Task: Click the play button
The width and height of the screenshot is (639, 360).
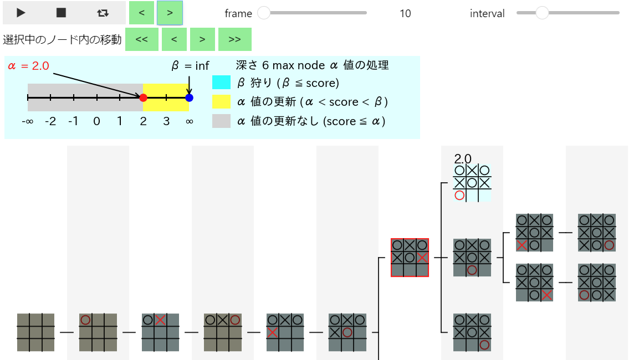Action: [21, 13]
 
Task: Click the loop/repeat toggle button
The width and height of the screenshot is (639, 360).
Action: [103, 13]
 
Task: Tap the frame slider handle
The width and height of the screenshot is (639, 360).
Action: [264, 13]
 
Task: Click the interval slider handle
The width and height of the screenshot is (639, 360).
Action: [542, 13]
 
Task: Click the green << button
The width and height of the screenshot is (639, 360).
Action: [141, 39]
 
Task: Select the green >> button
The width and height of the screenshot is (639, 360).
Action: [235, 39]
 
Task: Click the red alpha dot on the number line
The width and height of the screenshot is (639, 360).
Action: [143, 97]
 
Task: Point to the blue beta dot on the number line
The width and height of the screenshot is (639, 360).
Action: [189, 97]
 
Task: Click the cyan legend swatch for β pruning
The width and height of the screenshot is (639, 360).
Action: [221, 83]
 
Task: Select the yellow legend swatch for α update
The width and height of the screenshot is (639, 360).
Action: [221, 102]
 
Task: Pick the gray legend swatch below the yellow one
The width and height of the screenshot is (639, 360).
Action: [221, 121]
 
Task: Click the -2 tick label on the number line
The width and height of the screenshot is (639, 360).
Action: [50, 121]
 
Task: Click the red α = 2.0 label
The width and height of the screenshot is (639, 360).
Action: [28, 66]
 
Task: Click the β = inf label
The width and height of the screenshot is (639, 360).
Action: [190, 65]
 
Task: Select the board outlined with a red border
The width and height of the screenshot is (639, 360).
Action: [410, 258]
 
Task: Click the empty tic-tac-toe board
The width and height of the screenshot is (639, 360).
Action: [36, 332]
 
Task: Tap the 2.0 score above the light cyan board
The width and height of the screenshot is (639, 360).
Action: [463, 158]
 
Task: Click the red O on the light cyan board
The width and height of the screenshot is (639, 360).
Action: [459, 196]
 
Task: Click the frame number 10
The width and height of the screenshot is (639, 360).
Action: [405, 13]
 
